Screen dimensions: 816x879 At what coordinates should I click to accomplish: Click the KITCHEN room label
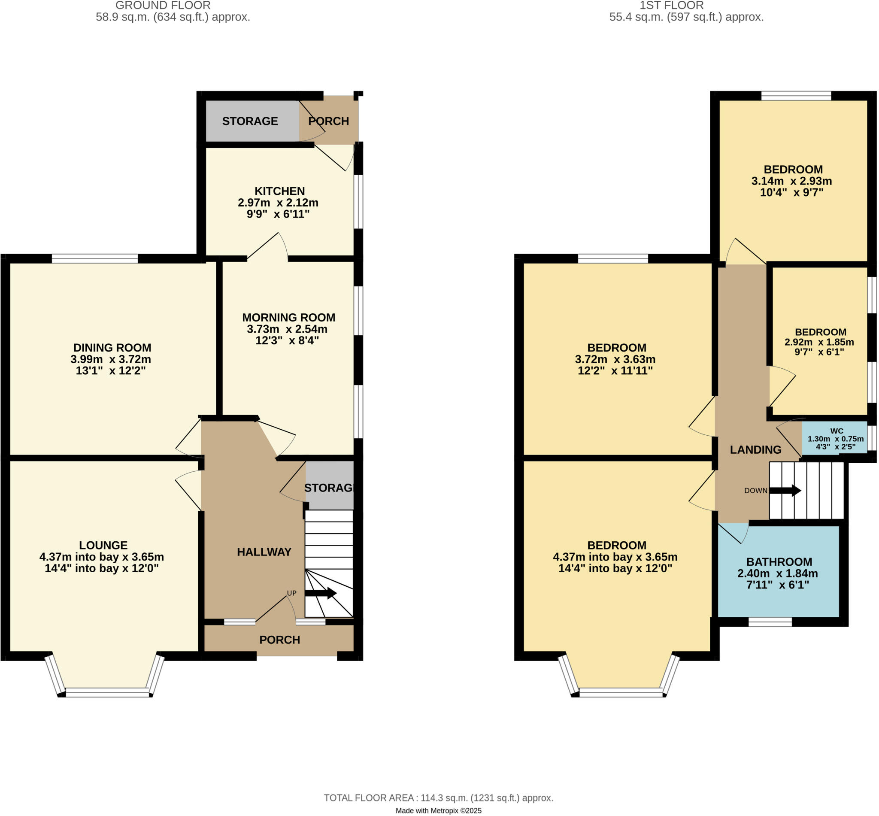coord(279,191)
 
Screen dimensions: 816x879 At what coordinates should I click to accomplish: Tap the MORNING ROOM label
coord(288,318)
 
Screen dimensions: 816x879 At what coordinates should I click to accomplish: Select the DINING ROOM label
coord(112,348)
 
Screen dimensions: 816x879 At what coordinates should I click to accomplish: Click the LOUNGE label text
coord(103,545)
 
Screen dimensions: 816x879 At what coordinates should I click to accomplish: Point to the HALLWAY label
coord(264,552)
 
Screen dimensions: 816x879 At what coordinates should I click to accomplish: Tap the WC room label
coord(836,431)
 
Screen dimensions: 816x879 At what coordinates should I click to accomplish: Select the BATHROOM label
coord(779,562)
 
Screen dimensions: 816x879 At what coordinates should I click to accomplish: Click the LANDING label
coord(755,449)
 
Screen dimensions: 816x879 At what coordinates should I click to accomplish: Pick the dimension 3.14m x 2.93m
coord(791,181)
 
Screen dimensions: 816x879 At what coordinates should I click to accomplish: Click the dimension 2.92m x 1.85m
coord(818,342)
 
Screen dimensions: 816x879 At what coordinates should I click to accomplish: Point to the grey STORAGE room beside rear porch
coord(250,121)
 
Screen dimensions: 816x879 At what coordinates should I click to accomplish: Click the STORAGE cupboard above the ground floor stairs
coord(329,488)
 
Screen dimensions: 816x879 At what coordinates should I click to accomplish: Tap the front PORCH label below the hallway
coord(279,640)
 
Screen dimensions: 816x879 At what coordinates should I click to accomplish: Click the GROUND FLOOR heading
coord(163,6)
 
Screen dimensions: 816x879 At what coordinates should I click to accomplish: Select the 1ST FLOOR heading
coord(671,6)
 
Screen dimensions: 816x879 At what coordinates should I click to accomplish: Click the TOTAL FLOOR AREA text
coord(438,798)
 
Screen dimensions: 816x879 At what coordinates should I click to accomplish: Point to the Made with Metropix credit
coord(438,811)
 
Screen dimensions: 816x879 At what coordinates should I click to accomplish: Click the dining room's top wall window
coord(95,259)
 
